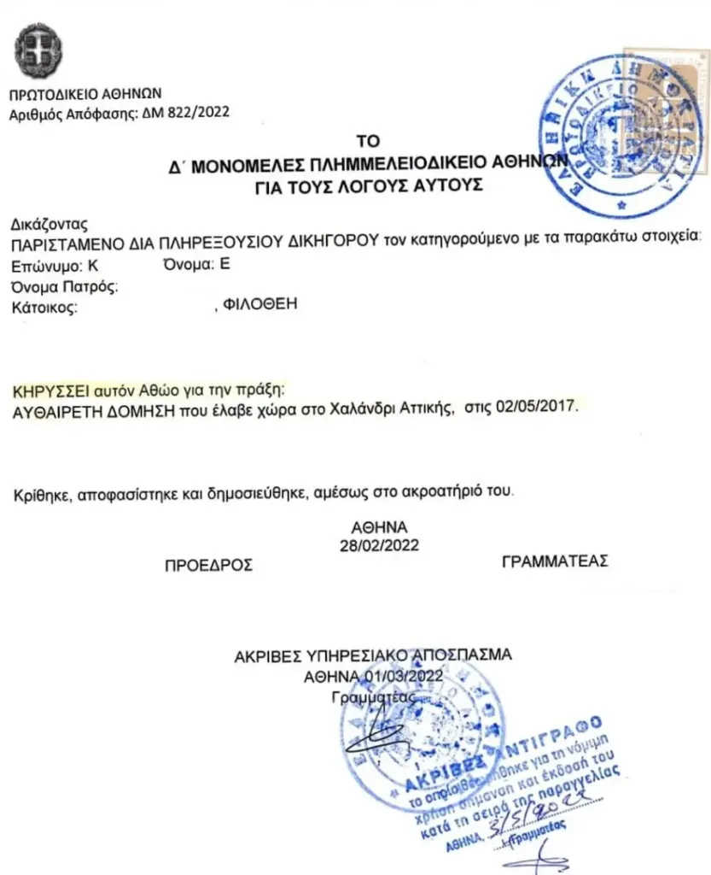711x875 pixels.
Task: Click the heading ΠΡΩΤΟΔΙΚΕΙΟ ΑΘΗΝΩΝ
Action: [85, 94]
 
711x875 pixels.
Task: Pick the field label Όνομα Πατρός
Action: [63, 285]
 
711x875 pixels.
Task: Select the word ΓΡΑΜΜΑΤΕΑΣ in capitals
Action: [555, 561]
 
